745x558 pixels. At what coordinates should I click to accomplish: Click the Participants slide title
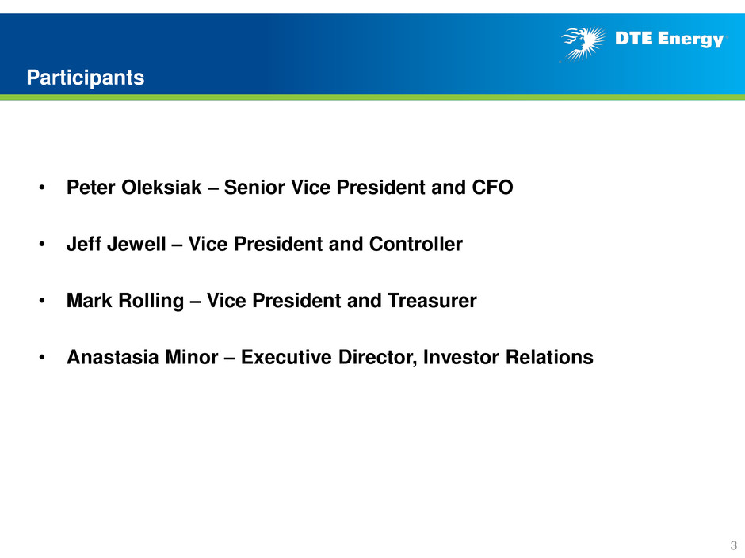(x=86, y=78)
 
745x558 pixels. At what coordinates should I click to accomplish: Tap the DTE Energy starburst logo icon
(x=583, y=44)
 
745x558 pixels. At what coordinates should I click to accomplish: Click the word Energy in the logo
(x=690, y=40)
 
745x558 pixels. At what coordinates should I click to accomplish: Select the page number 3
(x=734, y=545)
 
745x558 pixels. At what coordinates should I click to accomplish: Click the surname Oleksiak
(x=162, y=187)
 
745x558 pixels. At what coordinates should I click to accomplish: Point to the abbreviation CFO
(x=492, y=187)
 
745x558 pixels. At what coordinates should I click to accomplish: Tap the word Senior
(x=254, y=187)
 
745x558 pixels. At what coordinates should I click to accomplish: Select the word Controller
(x=416, y=244)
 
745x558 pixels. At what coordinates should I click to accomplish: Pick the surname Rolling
(x=151, y=301)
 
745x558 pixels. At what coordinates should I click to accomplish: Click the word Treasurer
(x=432, y=300)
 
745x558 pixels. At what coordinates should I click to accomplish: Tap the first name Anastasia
(x=113, y=357)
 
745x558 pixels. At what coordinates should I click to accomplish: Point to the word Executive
(x=286, y=357)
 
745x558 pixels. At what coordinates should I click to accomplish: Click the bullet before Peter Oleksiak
(x=42, y=188)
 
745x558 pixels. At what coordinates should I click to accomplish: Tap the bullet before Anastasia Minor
(x=42, y=357)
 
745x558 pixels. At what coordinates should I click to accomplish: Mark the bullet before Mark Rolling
(x=42, y=301)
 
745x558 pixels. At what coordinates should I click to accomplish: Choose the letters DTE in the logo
(x=634, y=38)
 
